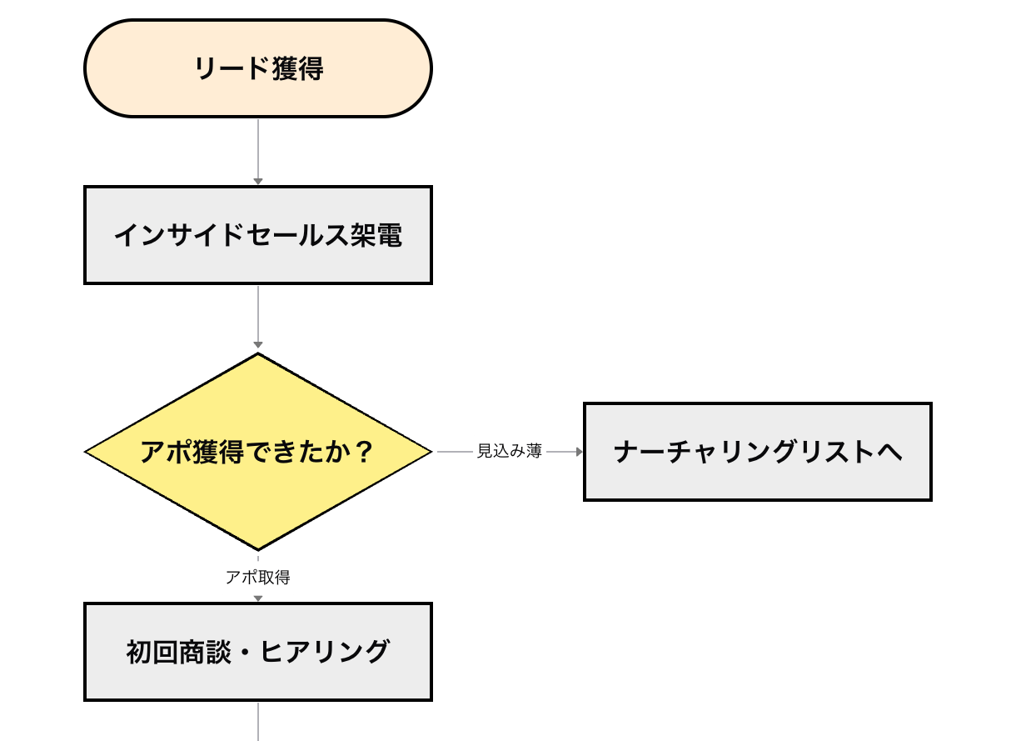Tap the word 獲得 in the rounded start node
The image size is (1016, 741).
pos(297,68)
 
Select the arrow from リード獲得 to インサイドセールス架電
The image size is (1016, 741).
pos(258,151)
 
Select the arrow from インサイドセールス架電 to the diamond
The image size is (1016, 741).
pos(258,317)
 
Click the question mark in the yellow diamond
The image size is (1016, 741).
pos(363,452)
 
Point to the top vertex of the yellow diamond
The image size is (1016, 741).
pos(258,354)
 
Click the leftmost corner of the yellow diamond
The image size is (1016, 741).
pos(87,452)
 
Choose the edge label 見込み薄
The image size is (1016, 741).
pos(510,452)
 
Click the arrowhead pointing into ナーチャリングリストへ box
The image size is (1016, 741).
pos(578,452)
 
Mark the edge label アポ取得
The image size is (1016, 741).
pos(258,578)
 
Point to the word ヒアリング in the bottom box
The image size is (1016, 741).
pos(324,652)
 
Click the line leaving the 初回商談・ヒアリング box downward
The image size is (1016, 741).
pos(258,721)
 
